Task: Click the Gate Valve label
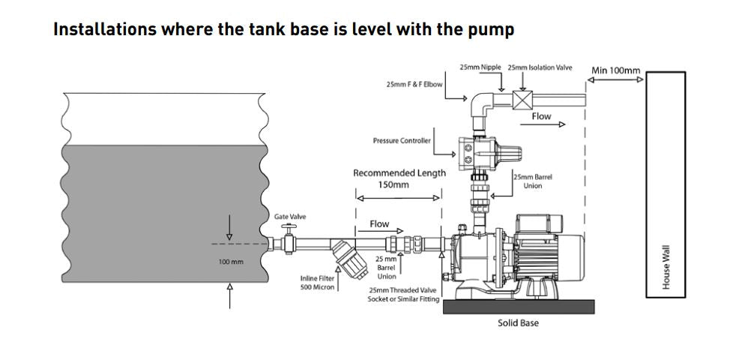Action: pos(289,217)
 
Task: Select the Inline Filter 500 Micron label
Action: pos(316,282)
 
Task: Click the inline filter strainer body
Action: pos(346,256)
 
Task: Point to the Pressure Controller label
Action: pos(402,140)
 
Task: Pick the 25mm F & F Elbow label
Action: pos(414,84)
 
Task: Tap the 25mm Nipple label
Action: pos(480,67)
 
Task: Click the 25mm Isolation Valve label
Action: pos(540,67)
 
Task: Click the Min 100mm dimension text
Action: pos(615,70)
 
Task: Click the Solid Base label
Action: pos(518,323)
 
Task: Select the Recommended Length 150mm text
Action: pos(399,178)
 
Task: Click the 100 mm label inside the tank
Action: pos(231,262)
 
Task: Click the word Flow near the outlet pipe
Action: pos(541,116)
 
